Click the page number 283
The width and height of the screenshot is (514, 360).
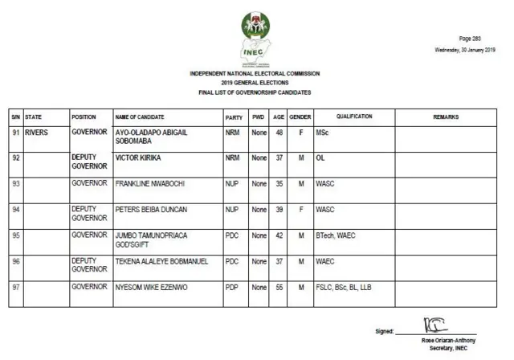tap(471, 39)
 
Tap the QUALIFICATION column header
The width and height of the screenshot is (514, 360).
tap(354, 117)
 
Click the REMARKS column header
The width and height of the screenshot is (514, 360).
tap(446, 117)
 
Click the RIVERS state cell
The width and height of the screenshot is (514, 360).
tap(39, 132)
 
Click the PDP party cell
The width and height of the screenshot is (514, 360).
tap(231, 287)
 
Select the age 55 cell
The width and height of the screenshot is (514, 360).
tap(279, 287)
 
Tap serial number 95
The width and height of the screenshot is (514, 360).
tap(15, 235)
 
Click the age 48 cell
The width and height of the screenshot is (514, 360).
tap(279, 132)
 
